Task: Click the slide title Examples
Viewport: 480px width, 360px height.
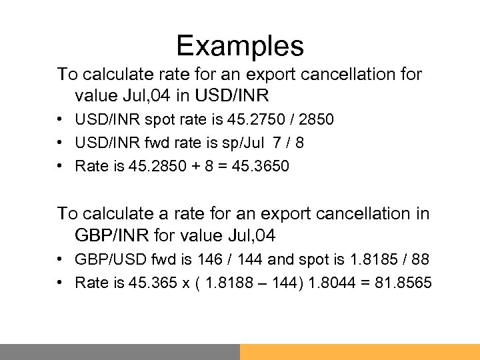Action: [x=240, y=46]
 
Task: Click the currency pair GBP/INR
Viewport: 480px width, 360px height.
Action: [x=110, y=235]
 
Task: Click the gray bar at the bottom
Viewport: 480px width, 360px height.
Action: [x=120, y=352]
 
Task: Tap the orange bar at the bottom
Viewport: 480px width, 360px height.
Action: [x=360, y=352]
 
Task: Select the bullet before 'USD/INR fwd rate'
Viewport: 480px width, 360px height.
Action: [x=61, y=143]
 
